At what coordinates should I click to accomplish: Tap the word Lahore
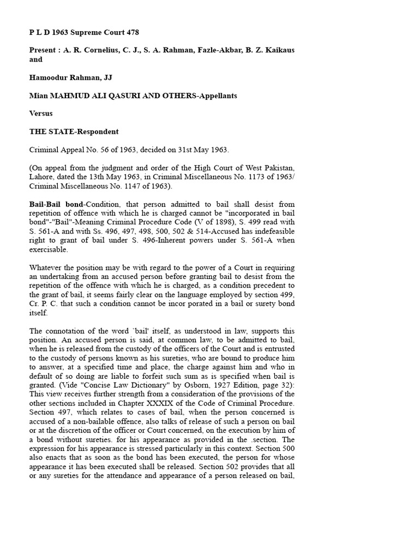click(x=43, y=177)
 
